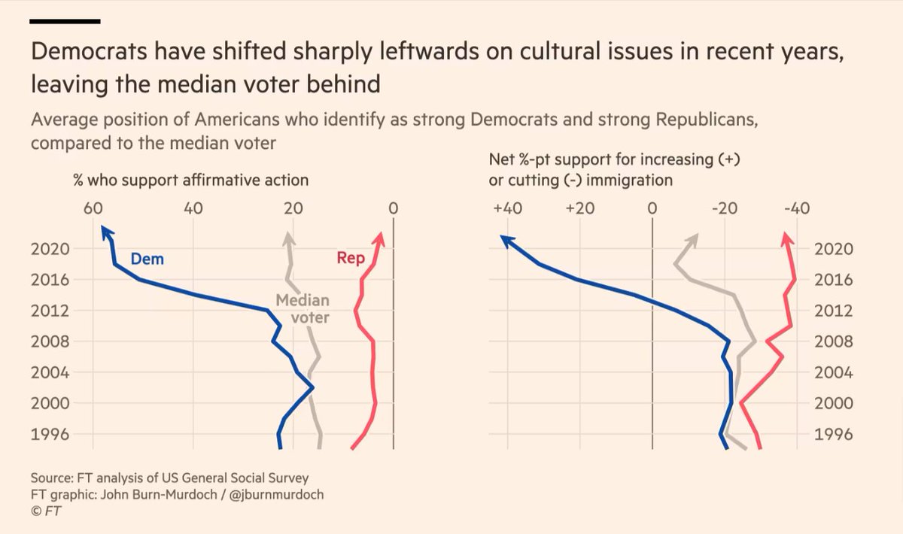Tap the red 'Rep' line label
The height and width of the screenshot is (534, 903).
(351, 258)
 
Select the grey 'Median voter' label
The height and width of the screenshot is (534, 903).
(303, 308)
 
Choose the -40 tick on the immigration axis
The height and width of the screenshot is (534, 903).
(794, 208)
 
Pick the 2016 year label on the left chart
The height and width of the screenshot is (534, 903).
(51, 280)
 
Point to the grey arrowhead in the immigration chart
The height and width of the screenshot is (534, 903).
(694, 238)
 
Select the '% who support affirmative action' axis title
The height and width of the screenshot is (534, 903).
(190, 181)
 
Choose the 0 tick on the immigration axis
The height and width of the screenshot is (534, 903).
(652, 208)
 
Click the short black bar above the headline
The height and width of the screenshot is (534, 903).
(65, 20)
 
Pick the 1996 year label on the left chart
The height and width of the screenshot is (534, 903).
(51, 434)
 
